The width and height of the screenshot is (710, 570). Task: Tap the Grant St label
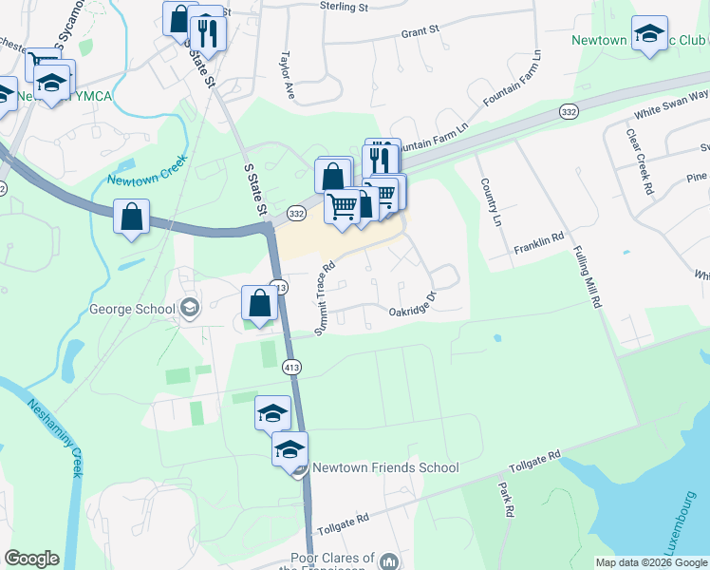click(x=420, y=31)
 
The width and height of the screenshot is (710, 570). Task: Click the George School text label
click(x=132, y=309)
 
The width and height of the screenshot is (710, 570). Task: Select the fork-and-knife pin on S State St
click(x=207, y=34)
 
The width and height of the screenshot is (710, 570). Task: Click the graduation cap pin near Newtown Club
click(x=649, y=33)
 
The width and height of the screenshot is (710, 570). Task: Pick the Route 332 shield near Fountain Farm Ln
click(x=569, y=112)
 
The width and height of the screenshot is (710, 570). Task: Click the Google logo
click(x=32, y=559)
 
